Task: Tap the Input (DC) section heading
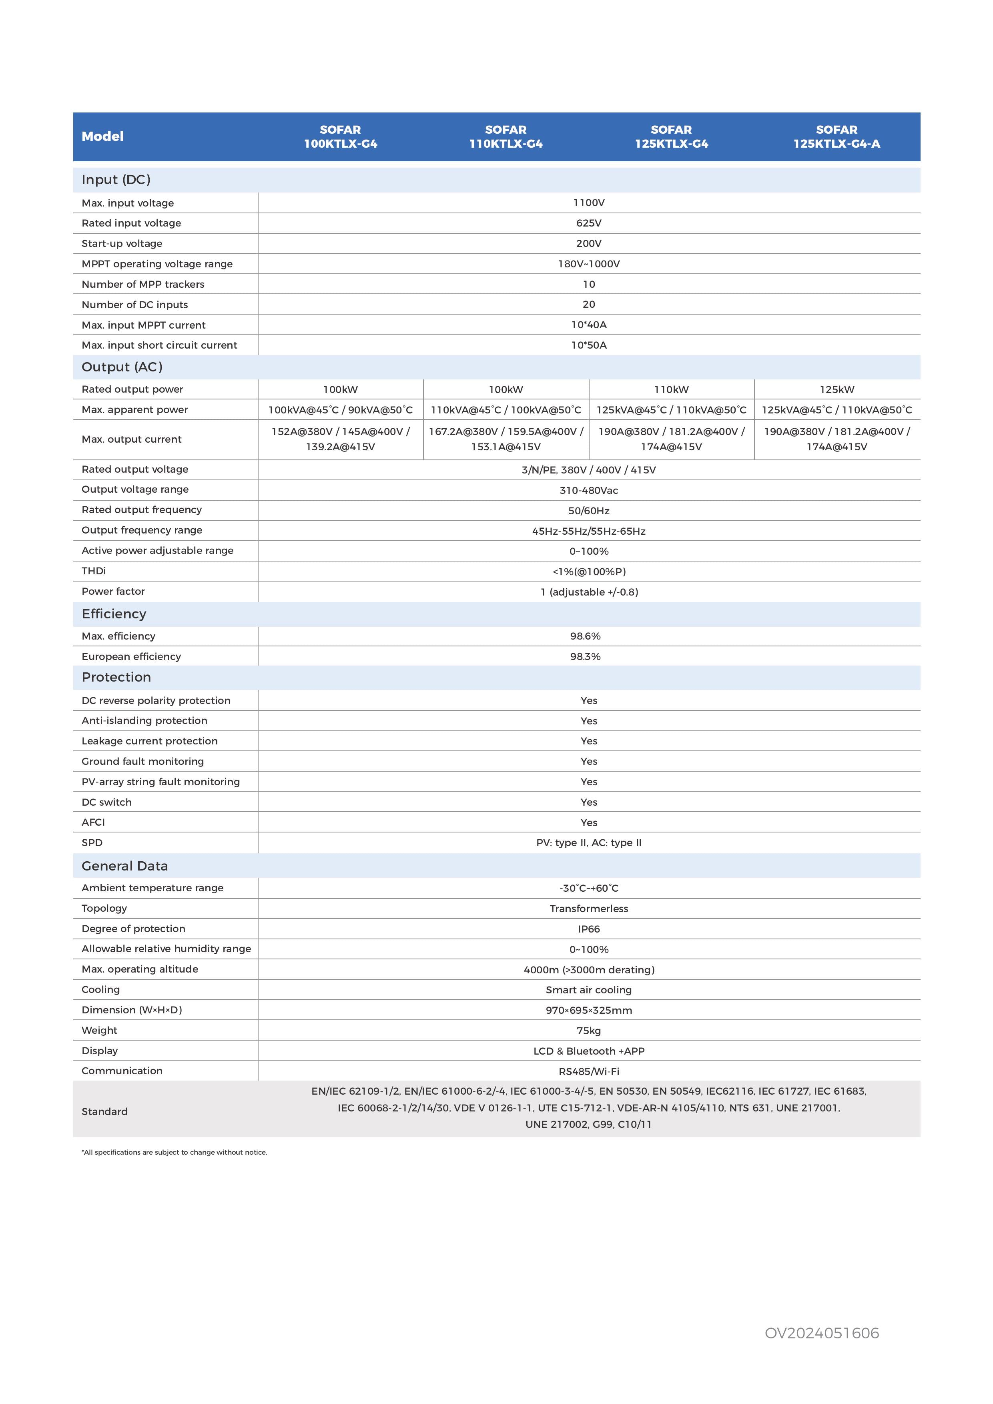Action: [116, 180]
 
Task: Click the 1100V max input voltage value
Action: [588, 203]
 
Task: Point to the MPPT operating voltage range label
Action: [157, 264]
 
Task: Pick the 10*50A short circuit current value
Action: [588, 345]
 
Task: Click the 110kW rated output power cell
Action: [671, 389]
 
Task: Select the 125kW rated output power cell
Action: [837, 389]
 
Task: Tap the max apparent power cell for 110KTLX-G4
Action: [506, 410]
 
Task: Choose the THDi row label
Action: [94, 571]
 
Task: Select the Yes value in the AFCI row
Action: [588, 822]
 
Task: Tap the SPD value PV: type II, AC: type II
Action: [588, 842]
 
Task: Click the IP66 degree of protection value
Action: [588, 929]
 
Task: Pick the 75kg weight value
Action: [588, 1030]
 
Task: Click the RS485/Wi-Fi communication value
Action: [588, 1071]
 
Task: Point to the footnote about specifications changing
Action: [174, 1153]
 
